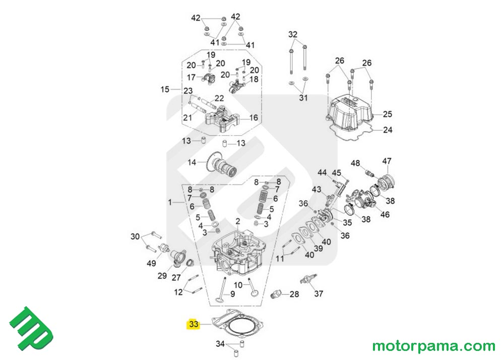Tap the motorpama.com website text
(433, 346)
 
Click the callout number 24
(387, 130)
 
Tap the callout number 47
(387, 161)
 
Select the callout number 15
(165, 90)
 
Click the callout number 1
(170, 202)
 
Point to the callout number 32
(293, 34)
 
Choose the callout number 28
(294, 294)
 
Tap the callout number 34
(220, 344)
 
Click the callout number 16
(254, 117)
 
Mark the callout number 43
(317, 189)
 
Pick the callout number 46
(385, 215)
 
